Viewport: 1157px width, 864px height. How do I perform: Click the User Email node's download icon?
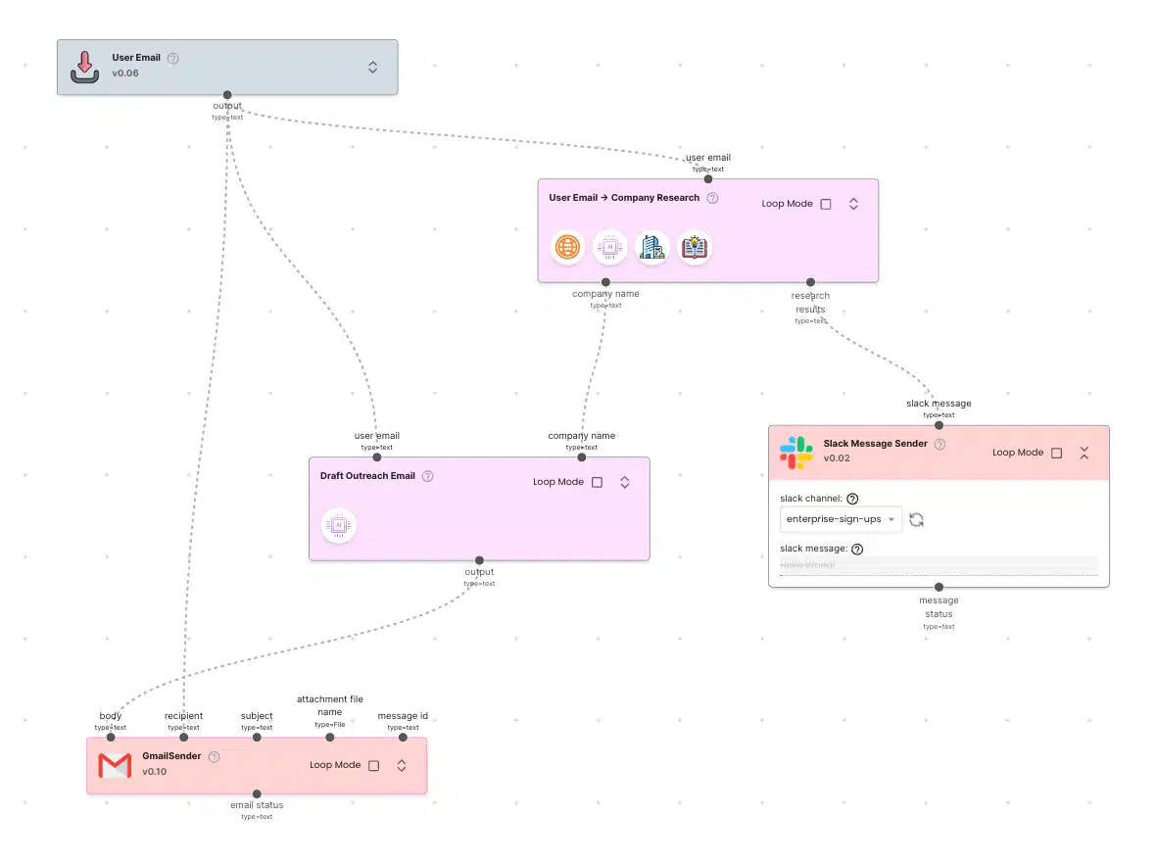coord(85,67)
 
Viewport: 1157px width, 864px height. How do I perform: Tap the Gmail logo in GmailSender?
coord(115,765)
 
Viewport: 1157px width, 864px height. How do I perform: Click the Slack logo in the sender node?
coord(796,452)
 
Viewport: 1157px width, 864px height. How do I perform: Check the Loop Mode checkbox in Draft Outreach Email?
coord(598,482)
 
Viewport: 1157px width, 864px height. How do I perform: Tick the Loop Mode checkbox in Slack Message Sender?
coord(1056,453)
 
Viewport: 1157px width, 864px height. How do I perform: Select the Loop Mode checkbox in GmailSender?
coord(373,765)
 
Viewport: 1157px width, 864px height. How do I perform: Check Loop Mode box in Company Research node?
coord(826,204)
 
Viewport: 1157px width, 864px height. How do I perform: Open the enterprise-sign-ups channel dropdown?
coord(841,519)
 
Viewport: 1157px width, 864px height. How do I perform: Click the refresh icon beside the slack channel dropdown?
coord(917,519)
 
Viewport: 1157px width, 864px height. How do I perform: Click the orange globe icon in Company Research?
coord(567,248)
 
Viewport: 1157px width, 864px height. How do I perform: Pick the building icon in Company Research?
coord(651,248)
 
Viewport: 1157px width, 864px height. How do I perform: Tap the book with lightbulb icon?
coord(695,248)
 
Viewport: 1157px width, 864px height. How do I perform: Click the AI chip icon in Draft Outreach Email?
coord(339,526)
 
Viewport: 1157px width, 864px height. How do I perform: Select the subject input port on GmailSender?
coord(257,737)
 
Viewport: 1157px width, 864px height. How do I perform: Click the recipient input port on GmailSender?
coord(183,737)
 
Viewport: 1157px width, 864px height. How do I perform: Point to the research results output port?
coord(810,282)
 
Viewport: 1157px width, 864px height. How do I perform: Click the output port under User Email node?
coord(227,95)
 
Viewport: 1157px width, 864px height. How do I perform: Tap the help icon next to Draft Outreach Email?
coord(427,476)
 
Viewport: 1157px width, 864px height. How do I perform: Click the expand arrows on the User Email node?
coord(372,67)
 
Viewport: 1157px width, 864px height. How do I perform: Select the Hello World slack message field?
coord(938,565)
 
